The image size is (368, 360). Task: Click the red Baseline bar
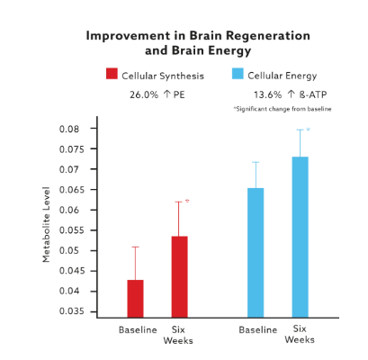pos(135,298)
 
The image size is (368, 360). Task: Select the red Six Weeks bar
pos(180,276)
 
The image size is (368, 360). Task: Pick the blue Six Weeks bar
pos(300,237)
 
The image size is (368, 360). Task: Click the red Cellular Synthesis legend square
pos(112,75)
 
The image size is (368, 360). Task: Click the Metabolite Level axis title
pos(46,225)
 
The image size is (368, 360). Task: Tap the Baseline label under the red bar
pos(138,329)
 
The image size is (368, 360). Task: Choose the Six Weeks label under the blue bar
pos(300,335)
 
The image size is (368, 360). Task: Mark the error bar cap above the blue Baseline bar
pos(256,162)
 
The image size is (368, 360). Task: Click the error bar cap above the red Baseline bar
pos(135,247)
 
